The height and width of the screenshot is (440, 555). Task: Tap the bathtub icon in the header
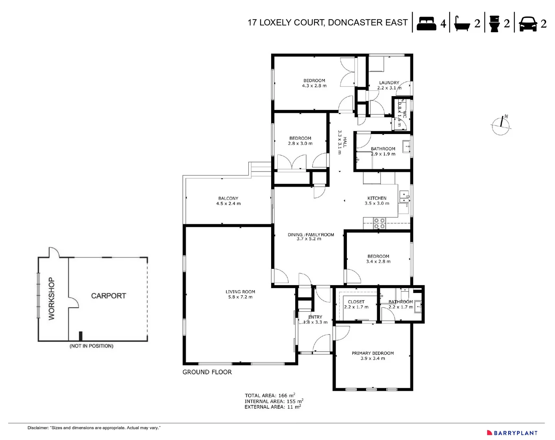pyautogui.click(x=462, y=24)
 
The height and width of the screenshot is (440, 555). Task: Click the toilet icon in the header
pyautogui.click(x=494, y=23)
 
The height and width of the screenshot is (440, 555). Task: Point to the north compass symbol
pyautogui.click(x=500, y=125)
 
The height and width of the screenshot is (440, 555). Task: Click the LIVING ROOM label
pyautogui.click(x=240, y=292)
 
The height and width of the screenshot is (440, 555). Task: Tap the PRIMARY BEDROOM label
pyautogui.click(x=373, y=353)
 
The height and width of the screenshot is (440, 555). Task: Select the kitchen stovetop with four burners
pyautogui.click(x=380, y=223)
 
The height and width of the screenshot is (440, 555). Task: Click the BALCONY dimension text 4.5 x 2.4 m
pyautogui.click(x=228, y=204)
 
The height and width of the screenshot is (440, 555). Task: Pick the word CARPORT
pyautogui.click(x=108, y=296)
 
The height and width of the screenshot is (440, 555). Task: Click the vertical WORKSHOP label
pyautogui.click(x=51, y=299)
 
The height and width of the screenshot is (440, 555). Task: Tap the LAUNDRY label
pyautogui.click(x=389, y=83)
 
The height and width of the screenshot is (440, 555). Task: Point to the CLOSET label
pyautogui.click(x=356, y=302)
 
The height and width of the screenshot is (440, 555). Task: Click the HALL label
pyautogui.click(x=344, y=142)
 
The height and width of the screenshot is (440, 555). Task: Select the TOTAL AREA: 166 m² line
pyautogui.click(x=270, y=395)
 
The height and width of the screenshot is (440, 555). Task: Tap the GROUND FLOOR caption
pyautogui.click(x=207, y=372)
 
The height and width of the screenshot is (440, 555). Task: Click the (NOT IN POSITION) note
pyautogui.click(x=91, y=346)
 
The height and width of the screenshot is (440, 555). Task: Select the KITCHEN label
pyautogui.click(x=377, y=198)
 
